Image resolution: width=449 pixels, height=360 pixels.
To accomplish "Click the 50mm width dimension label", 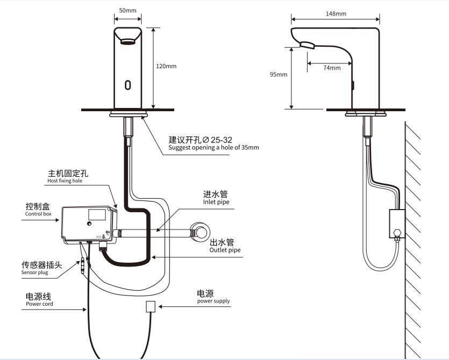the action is pyautogui.click(x=128, y=11).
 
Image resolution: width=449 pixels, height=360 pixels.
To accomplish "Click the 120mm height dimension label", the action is pyautogui.click(x=166, y=66).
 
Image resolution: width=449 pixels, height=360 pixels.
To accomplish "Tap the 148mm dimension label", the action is pyautogui.click(x=336, y=14).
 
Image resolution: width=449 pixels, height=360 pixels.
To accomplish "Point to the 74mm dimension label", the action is pyautogui.click(x=332, y=68).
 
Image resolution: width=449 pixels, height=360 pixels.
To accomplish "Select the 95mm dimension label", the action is pyautogui.click(x=279, y=74).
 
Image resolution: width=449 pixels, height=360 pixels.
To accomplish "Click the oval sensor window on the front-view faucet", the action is pyautogui.click(x=128, y=85).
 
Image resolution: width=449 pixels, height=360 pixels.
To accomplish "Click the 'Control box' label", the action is pyautogui.click(x=38, y=214).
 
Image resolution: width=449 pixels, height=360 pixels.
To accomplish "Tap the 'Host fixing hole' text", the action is pyautogui.click(x=65, y=181).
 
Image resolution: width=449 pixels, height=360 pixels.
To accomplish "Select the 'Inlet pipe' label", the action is pyautogui.click(x=216, y=201).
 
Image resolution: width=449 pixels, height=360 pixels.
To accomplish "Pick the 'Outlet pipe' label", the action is pyautogui.click(x=225, y=250).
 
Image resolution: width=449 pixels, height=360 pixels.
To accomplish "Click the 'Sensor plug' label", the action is pyautogui.click(x=34, y=272).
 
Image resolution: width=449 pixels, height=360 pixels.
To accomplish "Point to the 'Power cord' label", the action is pyautogui.click(x=39, y=304).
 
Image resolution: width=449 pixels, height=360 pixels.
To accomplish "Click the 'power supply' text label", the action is pyautogui.click(x=213, y=301).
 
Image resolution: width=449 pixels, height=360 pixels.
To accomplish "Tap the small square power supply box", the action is pyautogui.click(x=151, y=306).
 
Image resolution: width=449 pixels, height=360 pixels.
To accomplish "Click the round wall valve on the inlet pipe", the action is pyautogui.click(x=199, y=231).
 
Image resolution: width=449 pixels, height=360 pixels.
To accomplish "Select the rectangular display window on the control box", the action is pyautogui.click(x=97, y=214).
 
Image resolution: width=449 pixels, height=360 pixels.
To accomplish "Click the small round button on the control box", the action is pyautogui.click(x=90, y=224).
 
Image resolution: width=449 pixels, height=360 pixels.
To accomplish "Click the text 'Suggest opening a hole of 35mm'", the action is pyautogui.click(x=213, y=148).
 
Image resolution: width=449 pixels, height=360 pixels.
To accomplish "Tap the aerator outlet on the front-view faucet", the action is pyautogui.click(x=128, y=42).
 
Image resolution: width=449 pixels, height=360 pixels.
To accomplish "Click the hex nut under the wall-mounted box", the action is pyautogui.click(x=397, y=232).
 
